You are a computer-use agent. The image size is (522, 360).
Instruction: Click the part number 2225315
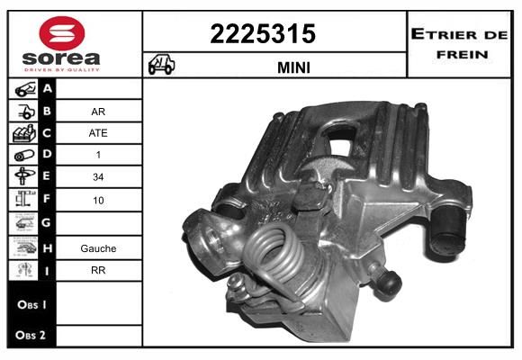tap(263, 34)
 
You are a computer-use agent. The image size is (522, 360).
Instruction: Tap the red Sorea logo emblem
tap(62, 33)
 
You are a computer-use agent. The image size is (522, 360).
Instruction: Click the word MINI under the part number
tap(293, 67)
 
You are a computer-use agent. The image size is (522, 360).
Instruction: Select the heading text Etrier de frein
tap(459, 44)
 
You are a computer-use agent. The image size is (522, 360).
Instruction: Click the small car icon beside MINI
tap(161, 64)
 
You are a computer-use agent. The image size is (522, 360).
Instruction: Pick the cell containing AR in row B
tap(98, 112)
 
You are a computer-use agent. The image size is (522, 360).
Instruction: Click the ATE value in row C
tap(98, 133)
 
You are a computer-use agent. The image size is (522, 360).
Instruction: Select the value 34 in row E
tap(98, 176)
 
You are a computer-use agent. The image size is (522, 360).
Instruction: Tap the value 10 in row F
tap(98, 200)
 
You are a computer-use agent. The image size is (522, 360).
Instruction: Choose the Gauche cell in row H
tap(98, 248)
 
